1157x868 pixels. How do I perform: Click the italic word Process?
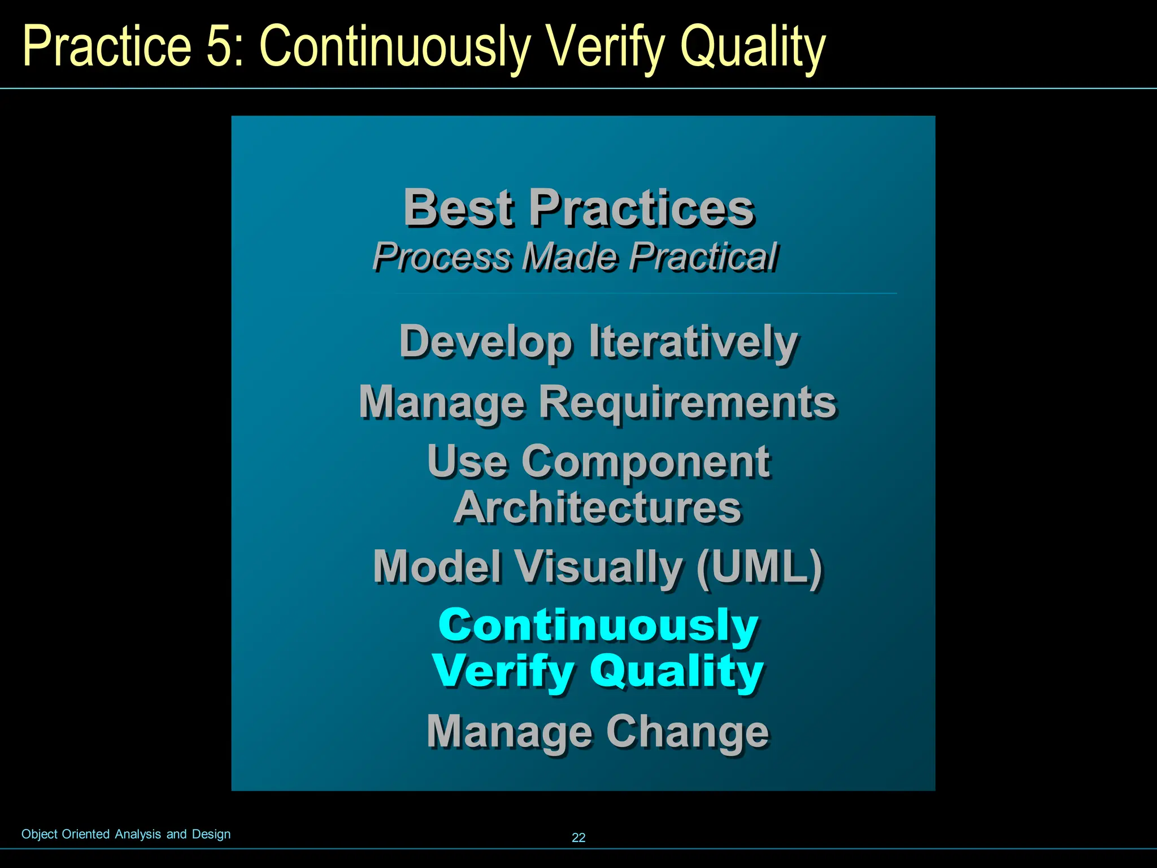pos(442,257)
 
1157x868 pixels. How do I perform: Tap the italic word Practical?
pos(703,257)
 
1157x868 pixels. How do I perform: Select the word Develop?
pos(486,342)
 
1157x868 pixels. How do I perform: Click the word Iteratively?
pos(693,341)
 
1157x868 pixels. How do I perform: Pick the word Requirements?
pos(687,402)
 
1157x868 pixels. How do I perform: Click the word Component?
pos(645,462)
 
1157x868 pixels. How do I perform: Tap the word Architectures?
pos(597,507)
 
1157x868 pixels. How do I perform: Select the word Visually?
pos(599,567)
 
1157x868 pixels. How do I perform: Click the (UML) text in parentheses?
pos(759,567)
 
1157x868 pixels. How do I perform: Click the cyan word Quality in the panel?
pos(676,671)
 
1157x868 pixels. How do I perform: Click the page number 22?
pos(578,837)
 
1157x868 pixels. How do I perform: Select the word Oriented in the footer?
pos(85,834)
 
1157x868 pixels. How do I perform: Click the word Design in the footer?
pos(211,834)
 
